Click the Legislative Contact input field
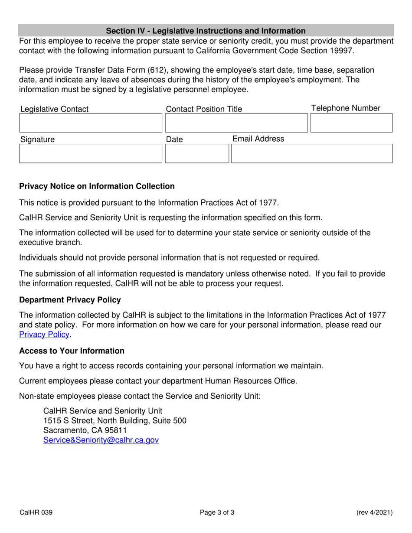coord(90,123)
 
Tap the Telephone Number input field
coord(351,123)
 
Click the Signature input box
coord(90,154)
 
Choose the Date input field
coord(196,154)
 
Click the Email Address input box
coord(311,154)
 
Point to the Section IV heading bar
coord(206,31)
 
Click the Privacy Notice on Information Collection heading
coord(97,186)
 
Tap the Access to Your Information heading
coord(72,351)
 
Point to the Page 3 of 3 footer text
coord(217,513)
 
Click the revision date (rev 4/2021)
coord(374,513)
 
